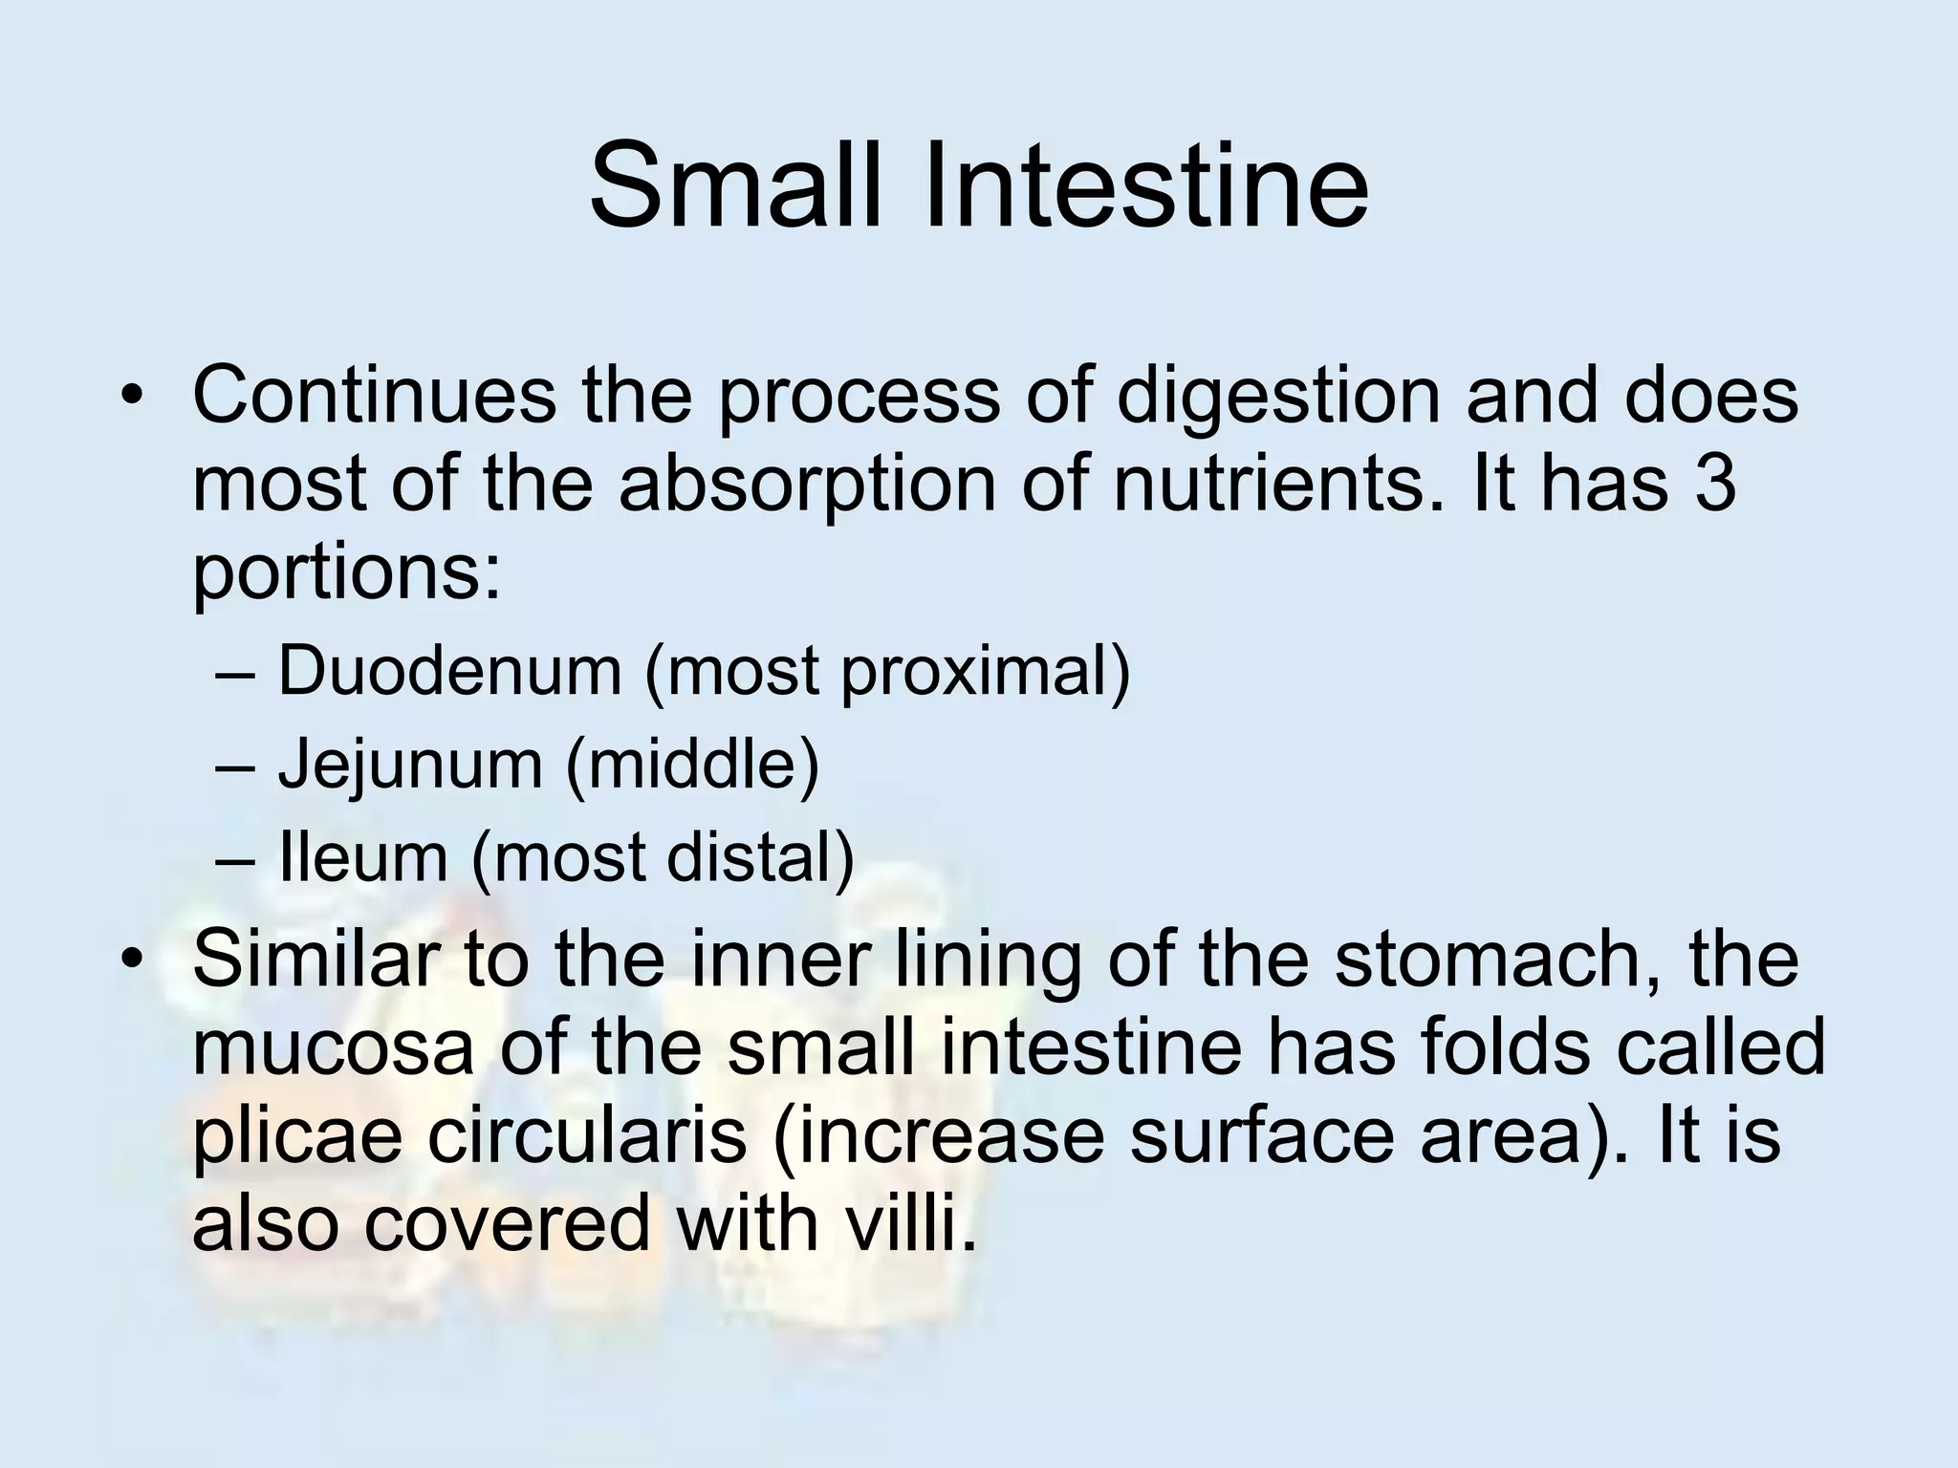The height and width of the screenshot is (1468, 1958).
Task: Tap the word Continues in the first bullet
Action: tap(374, 396)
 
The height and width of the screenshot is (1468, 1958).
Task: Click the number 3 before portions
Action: tap(1712, 484)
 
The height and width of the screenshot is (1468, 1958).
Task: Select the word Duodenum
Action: tap(449, 670)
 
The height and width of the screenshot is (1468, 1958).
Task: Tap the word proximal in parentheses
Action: tap(985, 672)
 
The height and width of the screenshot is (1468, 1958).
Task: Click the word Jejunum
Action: tap(410, 765)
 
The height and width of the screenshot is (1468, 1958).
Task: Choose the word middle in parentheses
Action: tap(693, 764)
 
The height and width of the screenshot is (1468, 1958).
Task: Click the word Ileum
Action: tap(362, 857)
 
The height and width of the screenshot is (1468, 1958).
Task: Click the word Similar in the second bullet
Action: tap(315, 959)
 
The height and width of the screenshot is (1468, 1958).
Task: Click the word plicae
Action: tap(297, 1138)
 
